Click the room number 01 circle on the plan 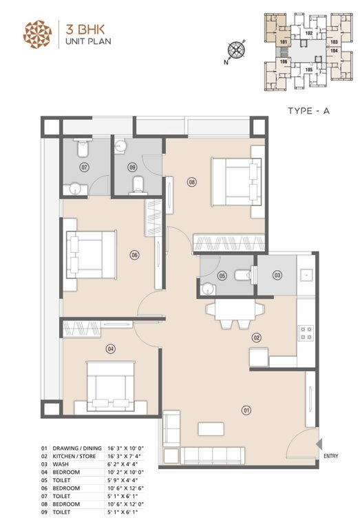(x=246, y=411)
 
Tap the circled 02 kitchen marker (x=257, y=338)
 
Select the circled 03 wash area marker (x=277, y=276)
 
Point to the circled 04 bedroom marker (x=110, y=349)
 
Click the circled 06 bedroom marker (x=134, y=255)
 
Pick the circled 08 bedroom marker (x=191, y=182)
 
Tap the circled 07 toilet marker (x=85, y=167)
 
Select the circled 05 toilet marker (x=222, y=276)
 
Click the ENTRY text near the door (x=330, y=455)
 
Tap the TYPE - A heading (x=308, y=110)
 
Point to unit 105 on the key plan (x=308, y=69)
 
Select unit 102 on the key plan (x=308, y=33)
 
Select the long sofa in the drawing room (x=211, y=455)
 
